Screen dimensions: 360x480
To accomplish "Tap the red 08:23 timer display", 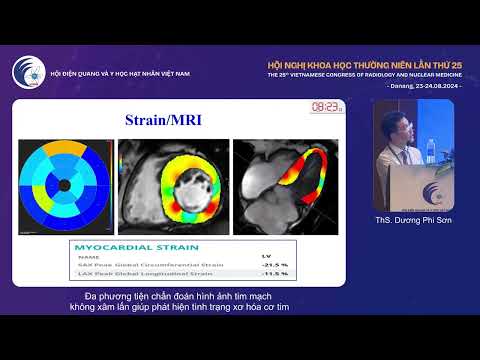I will (x=324, y=106).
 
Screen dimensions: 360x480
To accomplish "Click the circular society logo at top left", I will (x=28, y=72).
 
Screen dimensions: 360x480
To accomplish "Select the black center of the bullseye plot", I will (x=64, y=185).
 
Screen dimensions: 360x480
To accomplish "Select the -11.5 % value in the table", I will (x=273, y=273).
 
